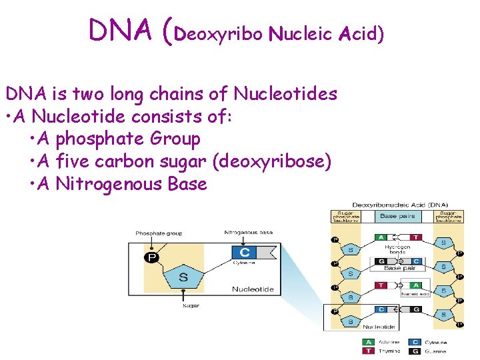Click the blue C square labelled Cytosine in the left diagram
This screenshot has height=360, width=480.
tap(244, 253)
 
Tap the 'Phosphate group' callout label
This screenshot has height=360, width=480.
tap(159, 233)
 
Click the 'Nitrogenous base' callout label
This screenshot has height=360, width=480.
tap(248, 233)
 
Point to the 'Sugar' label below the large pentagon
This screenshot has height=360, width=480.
tap(191, 306)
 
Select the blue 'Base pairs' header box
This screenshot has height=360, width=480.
tap(397, 217)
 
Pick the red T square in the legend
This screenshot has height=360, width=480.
tap(367, 351)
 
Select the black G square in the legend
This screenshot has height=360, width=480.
tap(415, 351)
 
